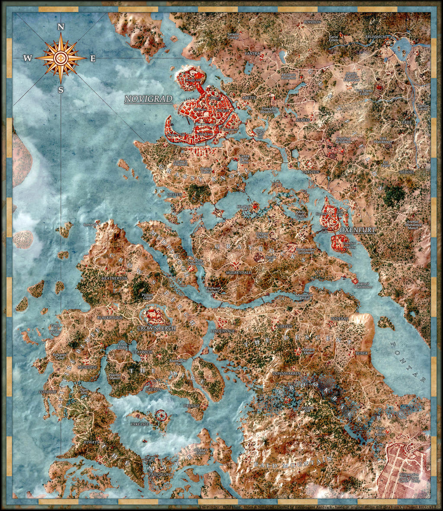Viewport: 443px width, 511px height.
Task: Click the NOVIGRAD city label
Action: click(148, 99)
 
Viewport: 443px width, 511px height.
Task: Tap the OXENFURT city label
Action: click(357, 230)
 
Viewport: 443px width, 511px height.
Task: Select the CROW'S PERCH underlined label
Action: click(157, 328)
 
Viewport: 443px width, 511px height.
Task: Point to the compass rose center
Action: click(61, 58)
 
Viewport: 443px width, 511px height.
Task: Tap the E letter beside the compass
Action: click(93, 59)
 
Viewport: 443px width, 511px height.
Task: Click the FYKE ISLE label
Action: click(139, 424)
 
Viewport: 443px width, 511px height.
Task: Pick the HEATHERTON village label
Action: click(115, 279)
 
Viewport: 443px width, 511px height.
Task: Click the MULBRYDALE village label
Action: click(238, 273)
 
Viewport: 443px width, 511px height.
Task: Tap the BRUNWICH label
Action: click(375, 37)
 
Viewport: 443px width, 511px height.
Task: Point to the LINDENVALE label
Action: click(223, 331)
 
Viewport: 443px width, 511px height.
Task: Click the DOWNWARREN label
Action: click(286, 373)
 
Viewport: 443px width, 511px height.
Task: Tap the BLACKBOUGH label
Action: click(110, 317)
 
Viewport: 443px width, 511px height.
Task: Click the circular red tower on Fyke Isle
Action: click(161, 416)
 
